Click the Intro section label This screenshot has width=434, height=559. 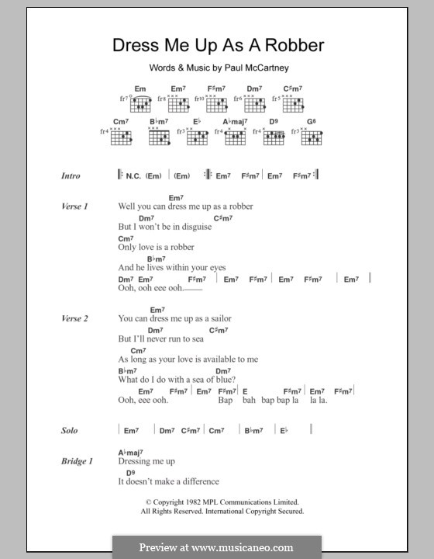coord(71,176)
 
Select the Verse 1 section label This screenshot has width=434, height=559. coord(75,207)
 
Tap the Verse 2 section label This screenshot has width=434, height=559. coord(75,319)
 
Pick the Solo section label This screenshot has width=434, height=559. coord(70,430)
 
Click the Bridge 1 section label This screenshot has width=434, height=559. coord(77,462)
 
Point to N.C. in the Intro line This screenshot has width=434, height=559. coord(133,176)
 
